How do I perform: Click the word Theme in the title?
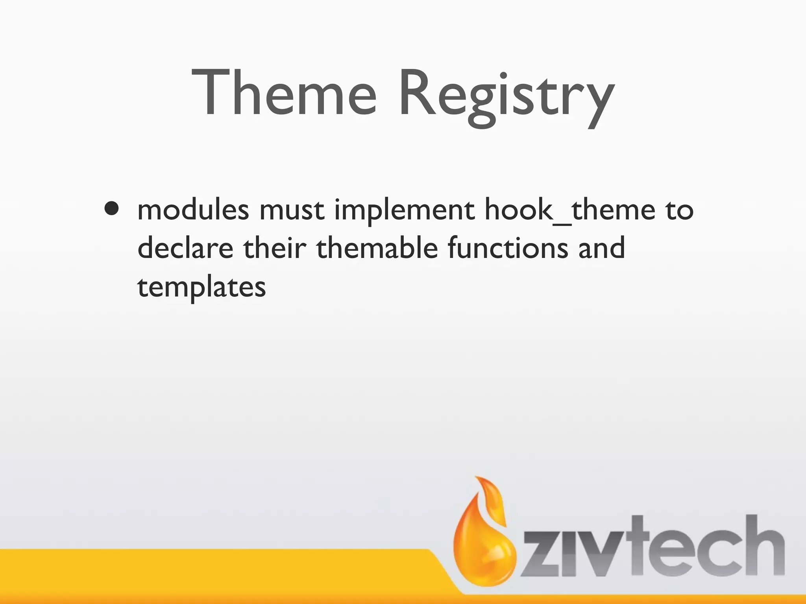click(284, 93)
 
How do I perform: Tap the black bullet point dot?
click(112, 209)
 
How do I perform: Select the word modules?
click(193, 209)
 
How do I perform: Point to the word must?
click(292, 210)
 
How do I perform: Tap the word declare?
click(185, 249)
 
